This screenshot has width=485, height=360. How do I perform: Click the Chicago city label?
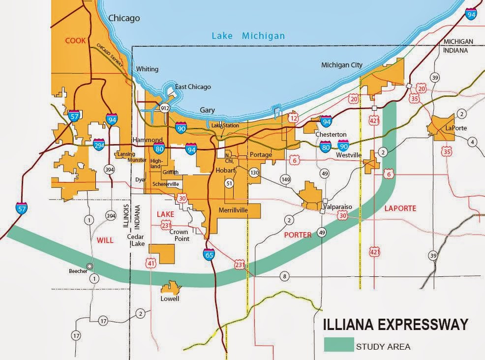pyautogui.click(x=124, y=18)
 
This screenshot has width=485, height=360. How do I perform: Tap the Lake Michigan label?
pyautogui.click(x=248, y=35)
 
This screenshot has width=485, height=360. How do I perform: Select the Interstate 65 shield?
pyautogui.click(x=208, y=254)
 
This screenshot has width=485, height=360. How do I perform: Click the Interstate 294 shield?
pyautogui.click(x=99, y=145)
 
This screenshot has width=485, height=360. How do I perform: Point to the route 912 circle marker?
pyautogui.click(x=165, y=108)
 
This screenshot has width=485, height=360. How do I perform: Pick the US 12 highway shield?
pyautogui.click(x=294, y=118)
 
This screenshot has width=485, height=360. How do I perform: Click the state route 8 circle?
pyautogui.click(x=284, y=276)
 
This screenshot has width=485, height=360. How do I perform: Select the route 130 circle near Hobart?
pyautogui.click(x=254, y=173)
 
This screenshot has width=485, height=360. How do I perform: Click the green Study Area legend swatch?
pyautogui.click(x=338, y=345)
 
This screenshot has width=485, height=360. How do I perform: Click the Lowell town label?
pyautogui.click(x=170, y=299)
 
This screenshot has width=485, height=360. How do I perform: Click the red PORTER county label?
pyautogui.click(x=298, y=235)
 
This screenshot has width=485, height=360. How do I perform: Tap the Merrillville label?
pyautogui.click(x=232, y=210)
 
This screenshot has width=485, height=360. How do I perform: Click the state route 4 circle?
pyautogui.click(x=473, y=143)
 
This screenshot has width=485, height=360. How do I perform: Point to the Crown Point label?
pyautogui.click(x=179, y=235)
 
